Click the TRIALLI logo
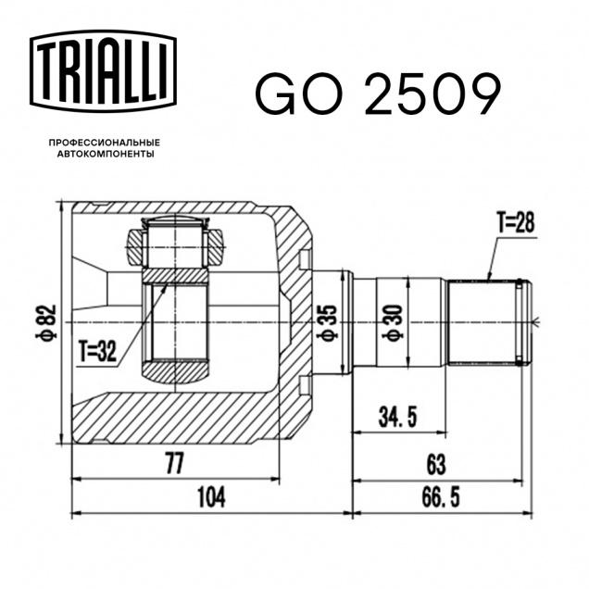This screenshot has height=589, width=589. [x=103, y=71]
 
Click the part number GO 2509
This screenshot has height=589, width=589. [x=378, y=94]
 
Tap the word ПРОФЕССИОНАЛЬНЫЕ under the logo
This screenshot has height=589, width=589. [x=105, y=143]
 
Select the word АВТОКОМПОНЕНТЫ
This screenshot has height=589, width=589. [x=106, y=154]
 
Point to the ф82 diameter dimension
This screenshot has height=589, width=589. [x=46, y=322]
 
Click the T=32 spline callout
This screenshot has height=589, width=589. [x=97, y=352]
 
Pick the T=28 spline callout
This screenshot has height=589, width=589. [x=515, y=222]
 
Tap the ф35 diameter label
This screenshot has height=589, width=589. [x=327, y=322]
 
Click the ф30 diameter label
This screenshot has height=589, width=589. [x=393, y=322]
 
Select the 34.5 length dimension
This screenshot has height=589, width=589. [x=398, y=417]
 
